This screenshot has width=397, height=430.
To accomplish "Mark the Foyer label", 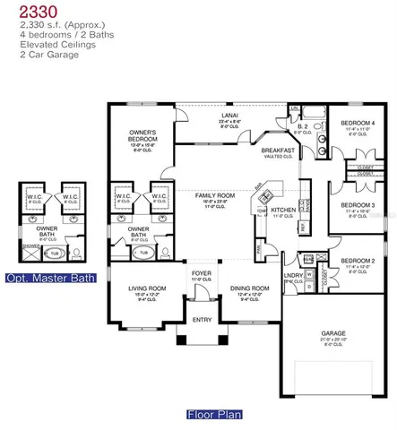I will pyautogui.click(x=200, y=273).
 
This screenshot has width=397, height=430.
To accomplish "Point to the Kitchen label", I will pyautogui.click(x=284, y=209).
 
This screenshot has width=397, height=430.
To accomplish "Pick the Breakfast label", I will pyautogui.click(x=273, y=150).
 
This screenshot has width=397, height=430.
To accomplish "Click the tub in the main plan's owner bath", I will pyautogui.click(x=142, y=254).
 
